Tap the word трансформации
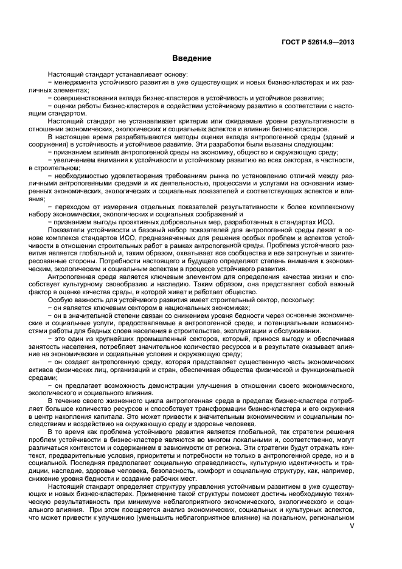click(x=211, y=412)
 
